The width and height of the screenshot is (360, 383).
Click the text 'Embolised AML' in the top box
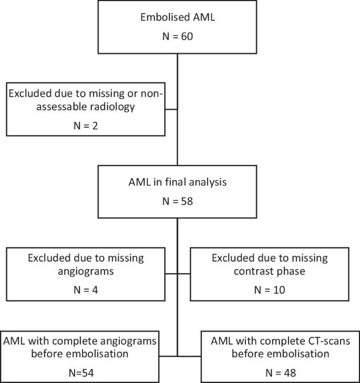177,16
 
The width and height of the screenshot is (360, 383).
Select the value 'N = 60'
177,37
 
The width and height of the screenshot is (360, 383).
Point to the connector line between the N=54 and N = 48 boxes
178,356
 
